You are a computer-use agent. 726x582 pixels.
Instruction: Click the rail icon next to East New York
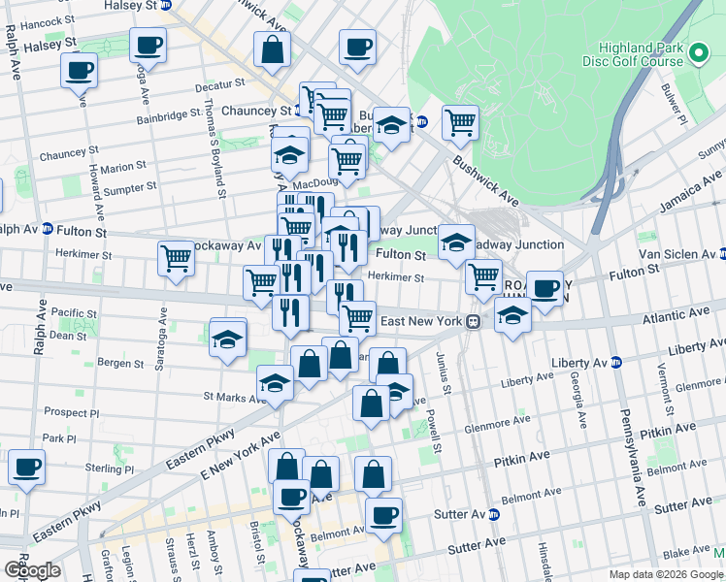click(475, 321)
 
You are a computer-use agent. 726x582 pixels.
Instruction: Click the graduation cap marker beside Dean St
click(228, 339)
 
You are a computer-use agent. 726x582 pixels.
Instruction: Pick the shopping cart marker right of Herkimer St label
click(482, 277)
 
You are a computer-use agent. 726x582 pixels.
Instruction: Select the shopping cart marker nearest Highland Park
click(460, 123)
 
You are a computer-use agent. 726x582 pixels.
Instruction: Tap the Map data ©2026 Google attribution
click(665, 574)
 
